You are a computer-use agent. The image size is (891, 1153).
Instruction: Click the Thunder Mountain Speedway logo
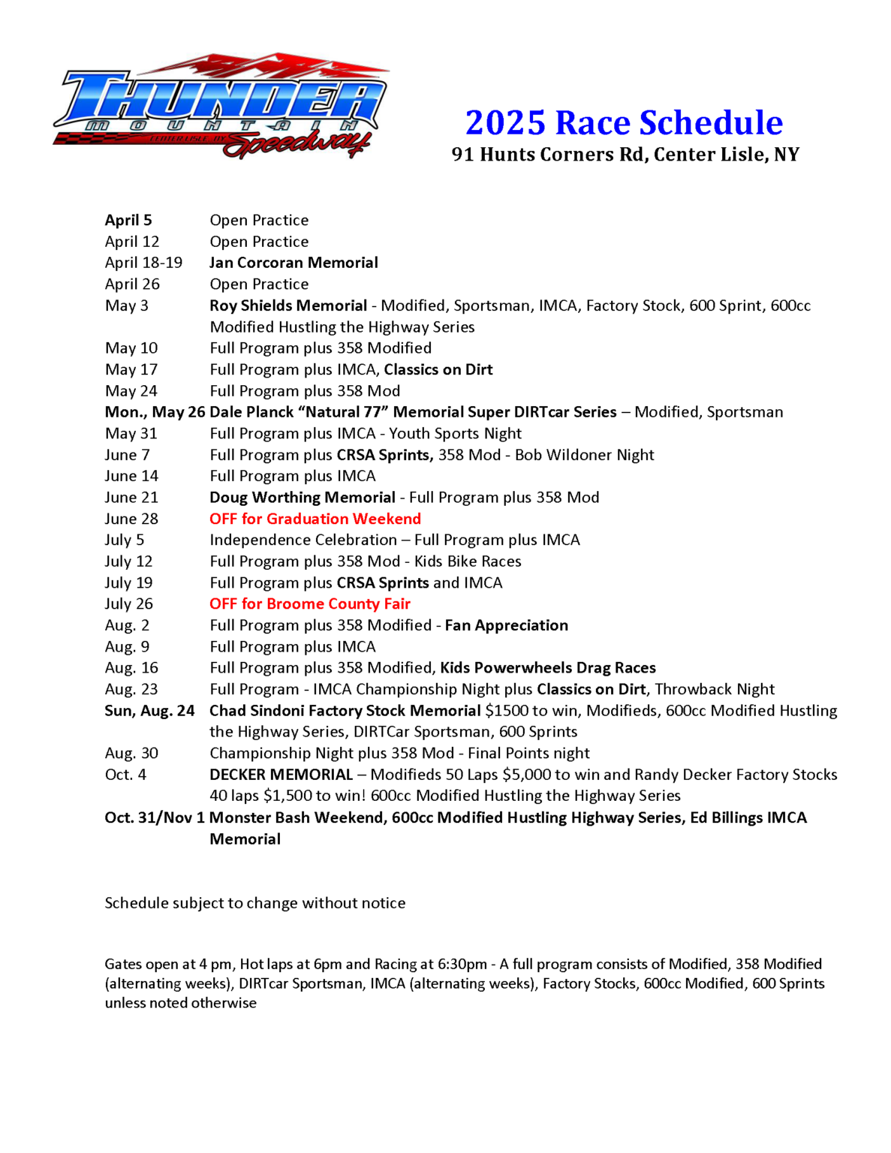pyautogui.click(x=220, y=106)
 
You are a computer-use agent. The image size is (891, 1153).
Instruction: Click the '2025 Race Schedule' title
pyautogui.click(x=624, y=122)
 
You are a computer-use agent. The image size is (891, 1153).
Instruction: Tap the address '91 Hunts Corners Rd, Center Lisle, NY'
pyautogui.click(x=625, y=155)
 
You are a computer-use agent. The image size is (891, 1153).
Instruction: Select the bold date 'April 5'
pyautogui.click(x=128, y=220)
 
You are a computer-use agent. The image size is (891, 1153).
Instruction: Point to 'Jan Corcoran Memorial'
pyautogui.click(x=293, y=263)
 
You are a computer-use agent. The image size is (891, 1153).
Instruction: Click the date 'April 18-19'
pyautogui.click(x=143, y=263)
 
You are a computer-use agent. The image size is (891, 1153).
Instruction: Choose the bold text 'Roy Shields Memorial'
pyautogui.click(x=288, y=306)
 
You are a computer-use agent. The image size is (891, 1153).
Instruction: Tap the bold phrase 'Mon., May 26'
pyautogui.click(x=155, y=412)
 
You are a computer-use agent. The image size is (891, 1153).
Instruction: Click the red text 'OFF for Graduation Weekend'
pyautogui.click(x=315, y=519)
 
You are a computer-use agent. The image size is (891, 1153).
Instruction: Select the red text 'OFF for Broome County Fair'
pyautogui.click(x=310, y=604)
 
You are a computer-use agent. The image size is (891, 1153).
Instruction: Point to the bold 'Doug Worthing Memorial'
pyautogui.click(x=303, y=497)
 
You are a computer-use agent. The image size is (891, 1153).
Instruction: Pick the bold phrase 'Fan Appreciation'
pyautogui.click(x=507, y=625)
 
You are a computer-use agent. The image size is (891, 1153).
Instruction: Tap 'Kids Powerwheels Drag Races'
pyautogui.click(x=548, y=668)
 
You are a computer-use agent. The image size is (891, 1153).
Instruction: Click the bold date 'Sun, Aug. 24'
pyautogui.click(x=149, y=711)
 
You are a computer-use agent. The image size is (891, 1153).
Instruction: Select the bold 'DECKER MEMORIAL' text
pyautogui.click(x=281, y=775)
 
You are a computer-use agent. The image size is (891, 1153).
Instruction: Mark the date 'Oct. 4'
pyautogui.click(x=125, y=775)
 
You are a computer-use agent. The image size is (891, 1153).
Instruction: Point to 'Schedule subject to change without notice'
pyautogui.click(x=255, y=903)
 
